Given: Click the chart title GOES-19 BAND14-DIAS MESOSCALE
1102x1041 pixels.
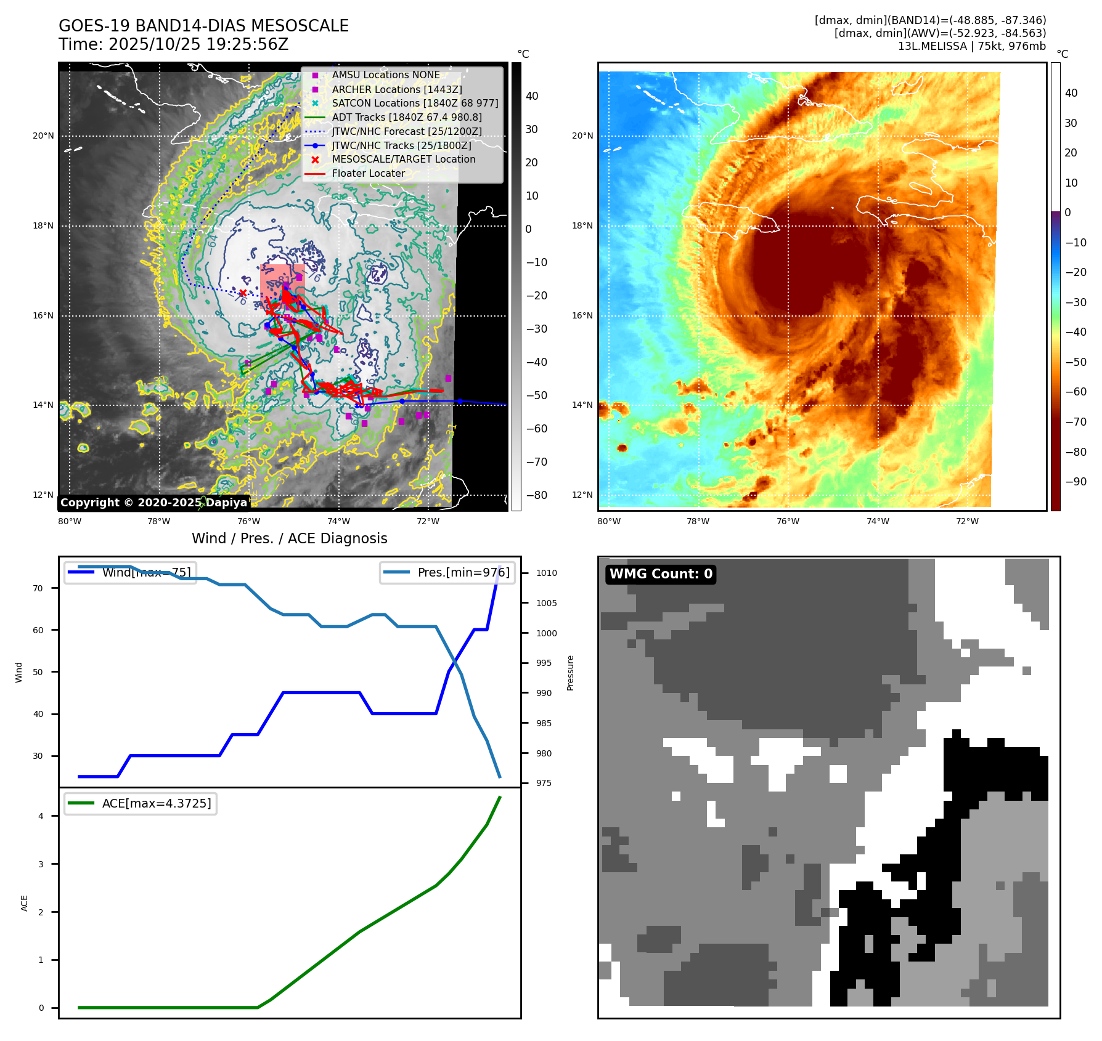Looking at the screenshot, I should tap(203, 26).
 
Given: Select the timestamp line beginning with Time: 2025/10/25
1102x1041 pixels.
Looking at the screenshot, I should tap(173, 44).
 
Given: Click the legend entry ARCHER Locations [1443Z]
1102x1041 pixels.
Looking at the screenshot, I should tap(396, 89).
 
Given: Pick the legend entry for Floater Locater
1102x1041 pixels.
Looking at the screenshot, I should tap(368, 174).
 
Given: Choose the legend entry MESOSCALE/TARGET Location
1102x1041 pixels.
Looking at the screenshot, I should tap(403, 160).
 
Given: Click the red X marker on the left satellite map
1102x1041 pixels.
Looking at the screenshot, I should tap(243, 293).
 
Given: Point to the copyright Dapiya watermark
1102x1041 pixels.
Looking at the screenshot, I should tap(153, 503).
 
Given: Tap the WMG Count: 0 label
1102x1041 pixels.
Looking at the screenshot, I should tap(661, 574).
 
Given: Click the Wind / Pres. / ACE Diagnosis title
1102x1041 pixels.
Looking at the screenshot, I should tap(289, 538).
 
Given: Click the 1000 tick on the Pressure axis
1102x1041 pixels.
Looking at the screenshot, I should tap(546, 633).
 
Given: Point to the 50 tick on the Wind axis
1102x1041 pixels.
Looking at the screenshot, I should tap(38, 672).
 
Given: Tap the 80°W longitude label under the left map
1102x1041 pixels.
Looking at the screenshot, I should tap(70, 521).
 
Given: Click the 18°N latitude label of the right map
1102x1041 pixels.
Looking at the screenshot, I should tap(582, 226).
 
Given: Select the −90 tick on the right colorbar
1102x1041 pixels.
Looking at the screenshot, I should tap(1075, 482).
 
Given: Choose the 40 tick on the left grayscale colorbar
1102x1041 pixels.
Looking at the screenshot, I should tap(531, 96).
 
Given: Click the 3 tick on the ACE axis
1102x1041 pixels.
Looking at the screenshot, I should tap(41, 864).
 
